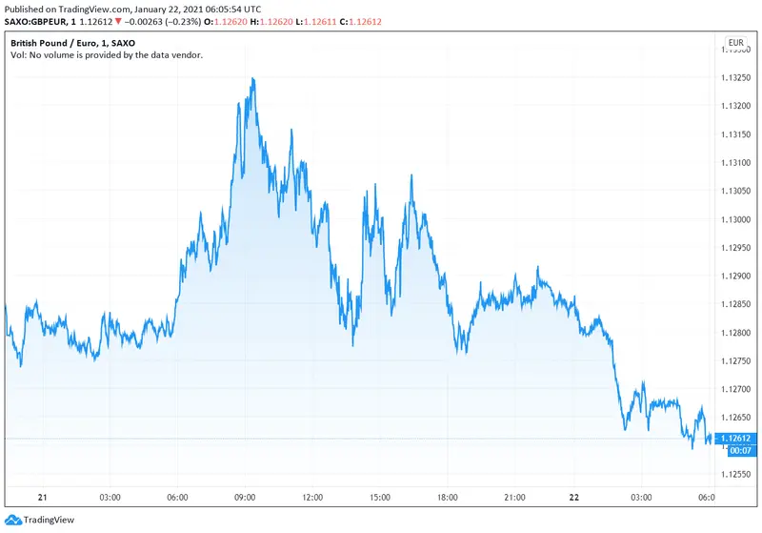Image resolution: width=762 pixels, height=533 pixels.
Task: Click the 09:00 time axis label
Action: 245,498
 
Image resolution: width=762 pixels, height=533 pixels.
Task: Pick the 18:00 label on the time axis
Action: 448,498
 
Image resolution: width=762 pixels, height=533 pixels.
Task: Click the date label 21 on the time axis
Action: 42,498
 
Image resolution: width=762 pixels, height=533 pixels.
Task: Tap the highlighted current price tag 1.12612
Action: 735,439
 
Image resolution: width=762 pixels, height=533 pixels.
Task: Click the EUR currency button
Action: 735,43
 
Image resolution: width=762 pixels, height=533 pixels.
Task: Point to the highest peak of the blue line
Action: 252,79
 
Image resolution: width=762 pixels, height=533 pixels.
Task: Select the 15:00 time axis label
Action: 380,498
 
